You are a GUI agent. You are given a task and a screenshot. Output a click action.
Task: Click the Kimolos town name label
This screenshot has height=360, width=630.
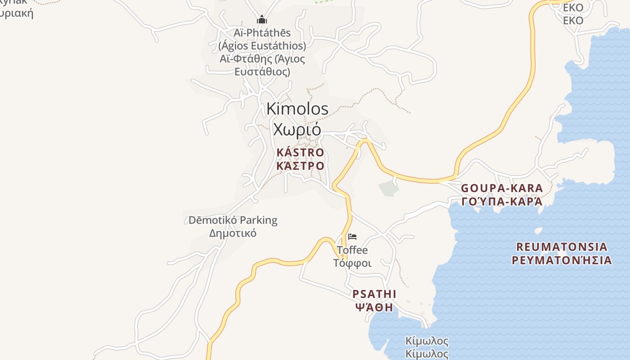pyautogui.click(x=297, y=109)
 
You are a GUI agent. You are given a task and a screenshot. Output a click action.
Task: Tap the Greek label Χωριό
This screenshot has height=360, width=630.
pyautogui.click(x=297, y=130)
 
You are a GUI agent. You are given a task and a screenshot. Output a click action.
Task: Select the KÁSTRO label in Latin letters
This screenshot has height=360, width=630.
pyautogui.click(x=300, y=153)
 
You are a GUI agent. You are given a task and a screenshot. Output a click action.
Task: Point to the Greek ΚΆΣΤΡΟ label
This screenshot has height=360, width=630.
pyautogui.click(x=300, y=166)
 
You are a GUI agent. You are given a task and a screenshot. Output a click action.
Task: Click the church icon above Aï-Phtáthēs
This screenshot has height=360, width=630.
pyautogui.click(x=262, y=20)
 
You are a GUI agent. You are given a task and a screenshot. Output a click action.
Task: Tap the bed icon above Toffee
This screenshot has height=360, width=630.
pyautogui.click(x=352, y=237)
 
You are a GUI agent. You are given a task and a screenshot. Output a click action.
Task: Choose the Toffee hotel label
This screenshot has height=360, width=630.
pyautogui.click(x=352, y=250)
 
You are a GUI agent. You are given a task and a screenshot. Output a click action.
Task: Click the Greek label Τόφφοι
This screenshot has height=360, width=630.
pyautogui.click(x=352, y=263)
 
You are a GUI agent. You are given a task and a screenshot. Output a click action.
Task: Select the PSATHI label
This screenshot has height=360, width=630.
pyautogui.click(x=374, y=294)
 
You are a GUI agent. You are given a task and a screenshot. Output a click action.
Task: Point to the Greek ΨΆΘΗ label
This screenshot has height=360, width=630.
pyautogui.click(x=374, y=308)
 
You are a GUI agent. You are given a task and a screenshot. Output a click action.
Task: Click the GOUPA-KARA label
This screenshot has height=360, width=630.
pyautogui.click(x=502, y=188)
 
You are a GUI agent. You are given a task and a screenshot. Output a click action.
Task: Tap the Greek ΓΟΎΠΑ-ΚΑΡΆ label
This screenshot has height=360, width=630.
pyautogui.click(x=502, y=201)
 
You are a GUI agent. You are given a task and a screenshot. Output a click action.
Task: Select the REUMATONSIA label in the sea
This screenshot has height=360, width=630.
pyautogui.click(x=562, y=247)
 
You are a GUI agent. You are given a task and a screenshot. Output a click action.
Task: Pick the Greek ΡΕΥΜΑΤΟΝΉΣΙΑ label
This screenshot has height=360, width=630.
pyautogui.click(x=562, y=260)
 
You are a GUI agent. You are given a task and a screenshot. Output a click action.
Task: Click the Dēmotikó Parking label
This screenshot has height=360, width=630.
pyautogui.click(x=233, y=220)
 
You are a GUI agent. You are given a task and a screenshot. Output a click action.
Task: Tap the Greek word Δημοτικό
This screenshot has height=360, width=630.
pyautogui.click(x=233, y=233)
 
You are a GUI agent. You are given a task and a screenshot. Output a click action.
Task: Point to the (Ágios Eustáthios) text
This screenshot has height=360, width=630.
pyautogui.click(x=262, y=46)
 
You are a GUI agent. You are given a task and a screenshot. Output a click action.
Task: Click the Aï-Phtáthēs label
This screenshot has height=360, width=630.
pyautogui.click(x=262, y=33)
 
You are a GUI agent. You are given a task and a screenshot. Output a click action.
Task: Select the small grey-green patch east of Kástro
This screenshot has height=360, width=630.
pyautogui.click(x=389, y=189)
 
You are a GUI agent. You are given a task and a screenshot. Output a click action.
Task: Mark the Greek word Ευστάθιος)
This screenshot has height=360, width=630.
pyautogui.click(x=262, y=72)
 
